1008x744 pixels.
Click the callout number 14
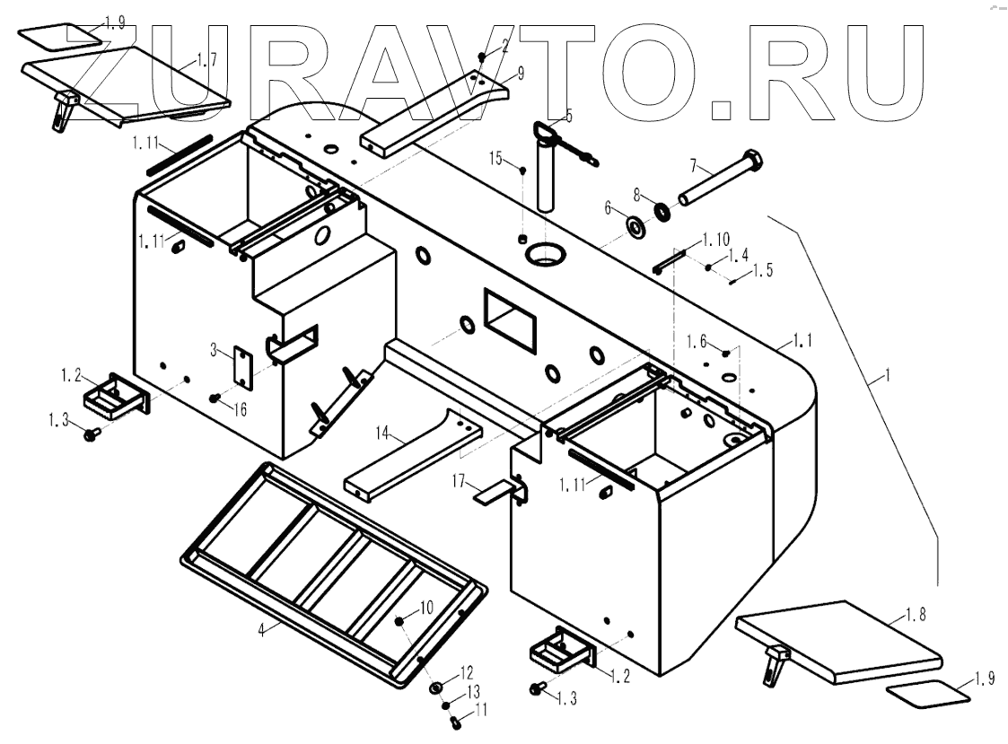click(383, 433)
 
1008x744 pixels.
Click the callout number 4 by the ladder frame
click(261, 630)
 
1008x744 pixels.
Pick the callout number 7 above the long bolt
click(694, 165)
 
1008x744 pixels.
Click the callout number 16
click(240, 409)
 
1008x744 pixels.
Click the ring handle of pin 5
click(544, 132)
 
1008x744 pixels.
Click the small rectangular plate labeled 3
click(241, 367)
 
